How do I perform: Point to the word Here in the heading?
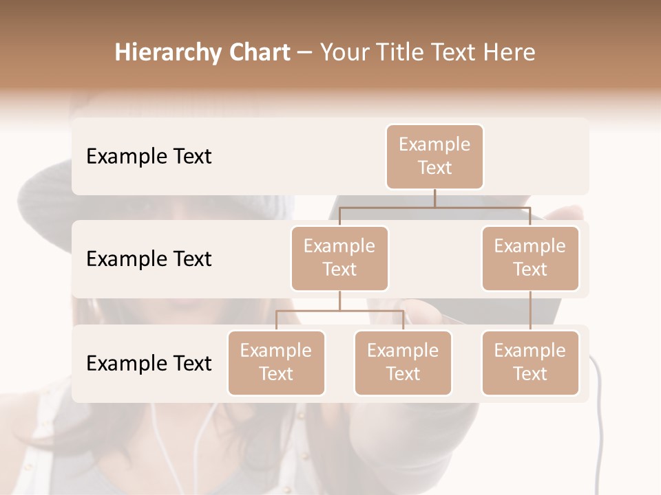pos(510,52)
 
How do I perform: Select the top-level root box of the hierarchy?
pos(434,157)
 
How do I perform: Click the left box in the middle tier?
pos(339,258)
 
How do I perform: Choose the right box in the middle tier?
pos(530,258)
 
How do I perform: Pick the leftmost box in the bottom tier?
pos(276,363)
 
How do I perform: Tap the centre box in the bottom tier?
pos(403,363)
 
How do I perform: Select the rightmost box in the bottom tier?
pos(530,363)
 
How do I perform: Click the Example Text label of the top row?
pos(149,157)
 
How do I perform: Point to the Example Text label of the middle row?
pos(149,259)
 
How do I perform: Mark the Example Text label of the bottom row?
pos(149,364)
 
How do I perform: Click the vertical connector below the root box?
pos(434,198)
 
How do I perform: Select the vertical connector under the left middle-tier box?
pos(339,300)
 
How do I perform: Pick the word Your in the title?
pos(343,52)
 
